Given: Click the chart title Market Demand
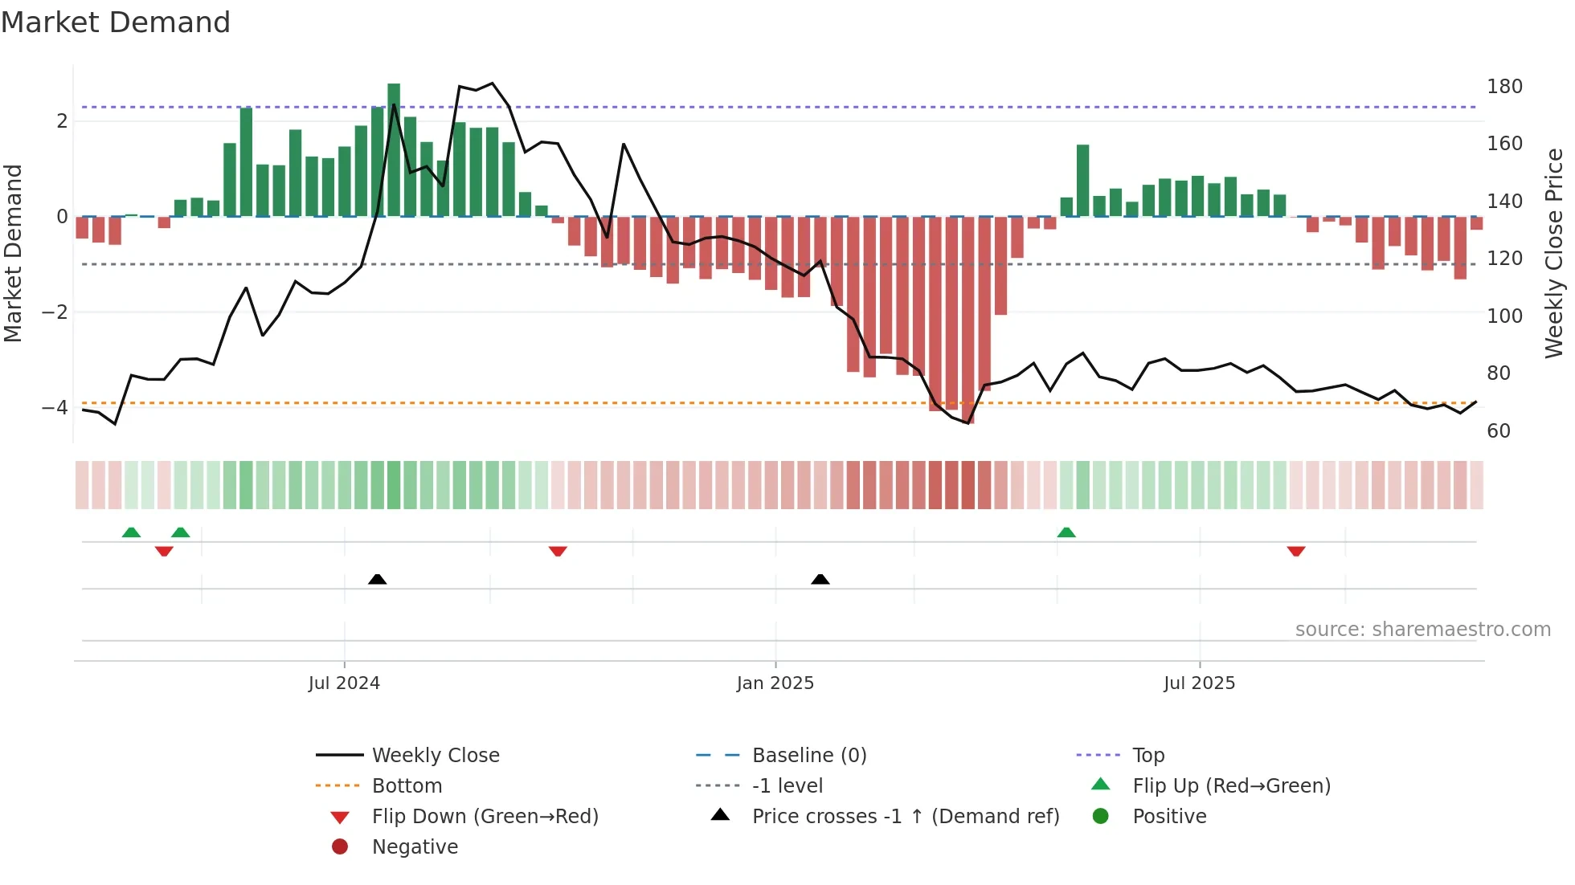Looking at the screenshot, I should pos(116,22).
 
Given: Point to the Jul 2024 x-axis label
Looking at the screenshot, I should pos(344,683).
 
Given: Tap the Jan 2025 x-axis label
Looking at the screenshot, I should pos(775,683).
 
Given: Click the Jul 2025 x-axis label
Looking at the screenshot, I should pos(1199,683).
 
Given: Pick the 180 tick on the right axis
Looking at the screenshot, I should pos(1504,87).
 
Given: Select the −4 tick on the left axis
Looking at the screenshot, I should pos(55,408).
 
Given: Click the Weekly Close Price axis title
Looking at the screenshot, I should pos(1554,253).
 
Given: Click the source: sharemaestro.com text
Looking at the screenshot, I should pos(1422,630).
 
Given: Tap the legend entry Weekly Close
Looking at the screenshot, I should pos(435,756).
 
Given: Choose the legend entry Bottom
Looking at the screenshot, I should pos(407,786).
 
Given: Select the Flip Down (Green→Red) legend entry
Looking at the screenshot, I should pos(485,817).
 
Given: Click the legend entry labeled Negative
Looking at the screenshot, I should pos(415,847).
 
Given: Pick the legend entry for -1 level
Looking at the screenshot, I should pos(787,786).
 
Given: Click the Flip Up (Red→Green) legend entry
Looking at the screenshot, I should pos(1231,786).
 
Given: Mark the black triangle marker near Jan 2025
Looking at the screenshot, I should pos(820,579).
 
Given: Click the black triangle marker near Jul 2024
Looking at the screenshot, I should pos(377,579).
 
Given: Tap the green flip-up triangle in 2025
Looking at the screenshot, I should pos(1066,532).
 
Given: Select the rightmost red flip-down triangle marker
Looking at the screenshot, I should pos(1296,551).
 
